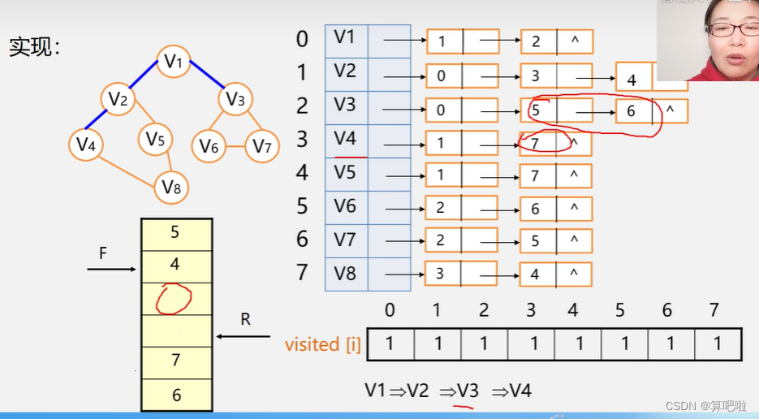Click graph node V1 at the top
[x=174, y=61]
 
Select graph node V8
[x=170, y=188]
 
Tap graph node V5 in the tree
[x=156, y=140]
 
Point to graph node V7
[x=261, y=146]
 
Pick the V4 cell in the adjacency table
[x=346, y=139]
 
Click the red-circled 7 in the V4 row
[x=537, y=143]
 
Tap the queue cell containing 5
[x=176, y=233]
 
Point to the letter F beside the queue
[x=103, y=253]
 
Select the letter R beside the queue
[x=245, y=319]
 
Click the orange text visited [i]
[x=322, y=344]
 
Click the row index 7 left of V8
[x=302, y=272]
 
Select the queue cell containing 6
[x=176, y=395]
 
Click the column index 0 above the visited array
[x=390, y=310]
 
